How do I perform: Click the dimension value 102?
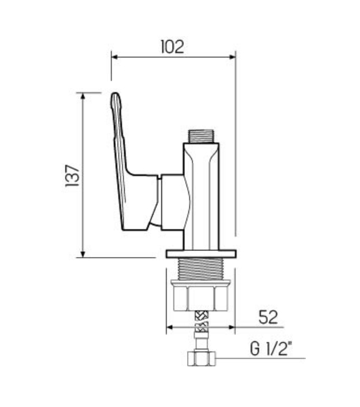click(172, 47)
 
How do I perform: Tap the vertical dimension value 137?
click(73, 175)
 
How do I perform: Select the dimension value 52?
click(268, 317)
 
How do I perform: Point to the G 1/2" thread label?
click(270, 349)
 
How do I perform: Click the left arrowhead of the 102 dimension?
click(115, 57)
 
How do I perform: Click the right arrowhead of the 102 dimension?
click(233, 57)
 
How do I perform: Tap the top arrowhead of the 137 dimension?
click(83, 96)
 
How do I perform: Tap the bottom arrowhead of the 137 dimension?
click(83, 254)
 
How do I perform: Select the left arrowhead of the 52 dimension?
click(169, 327)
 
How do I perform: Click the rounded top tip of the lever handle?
click(115, 94)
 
